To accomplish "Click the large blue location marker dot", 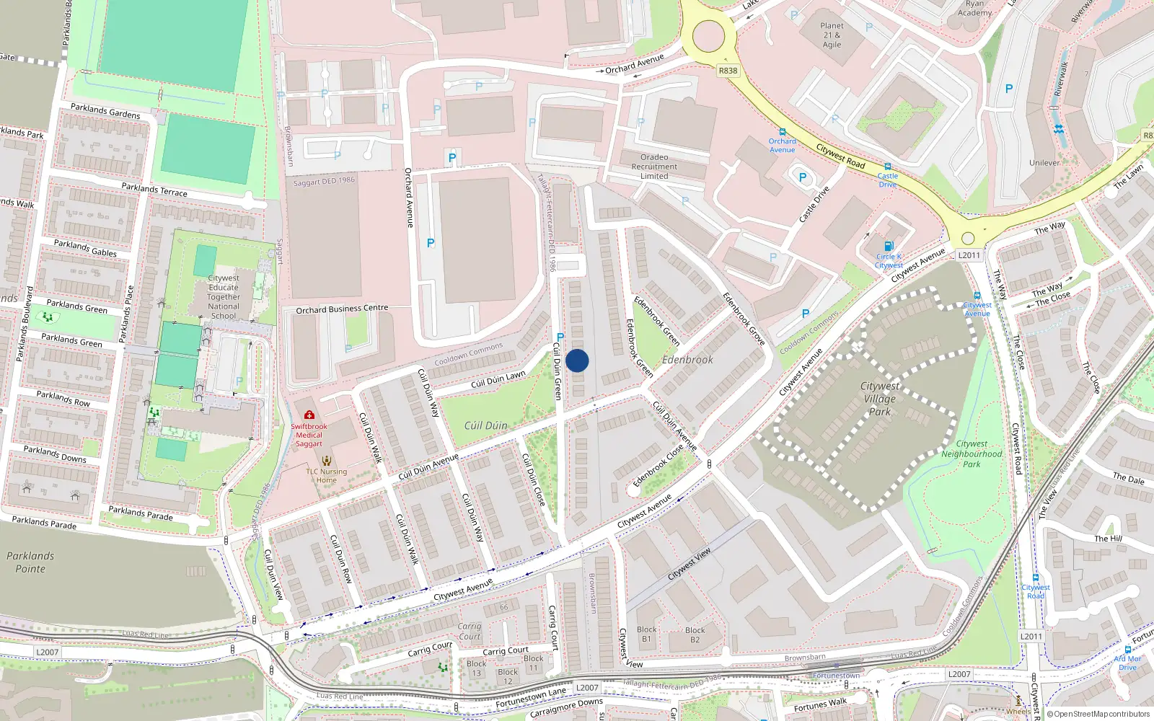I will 577,360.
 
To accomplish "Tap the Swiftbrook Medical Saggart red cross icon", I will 309,415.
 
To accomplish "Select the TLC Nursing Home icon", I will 327,461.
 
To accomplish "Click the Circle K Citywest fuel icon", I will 889,246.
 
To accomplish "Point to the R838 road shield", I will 728,70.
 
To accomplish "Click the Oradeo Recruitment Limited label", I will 654,167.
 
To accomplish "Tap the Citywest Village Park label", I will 879,399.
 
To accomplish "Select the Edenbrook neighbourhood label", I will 687,360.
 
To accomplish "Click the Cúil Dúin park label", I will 485,425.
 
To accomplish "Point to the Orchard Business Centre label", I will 342,309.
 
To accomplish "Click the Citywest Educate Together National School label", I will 224,296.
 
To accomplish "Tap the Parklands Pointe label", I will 30,562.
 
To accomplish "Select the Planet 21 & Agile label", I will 832,35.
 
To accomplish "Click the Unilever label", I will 1044,162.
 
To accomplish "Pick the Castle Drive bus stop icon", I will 888,167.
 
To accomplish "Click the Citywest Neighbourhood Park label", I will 972,454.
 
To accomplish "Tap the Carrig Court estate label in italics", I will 469,632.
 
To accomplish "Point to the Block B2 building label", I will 695,634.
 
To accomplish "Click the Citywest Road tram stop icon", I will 1036,578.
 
